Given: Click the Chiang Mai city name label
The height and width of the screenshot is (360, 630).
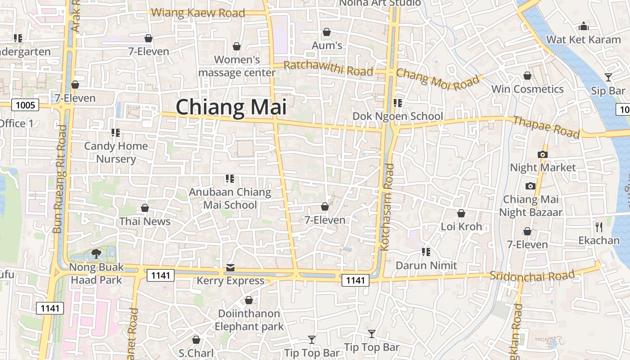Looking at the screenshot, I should click(x=231, y=108).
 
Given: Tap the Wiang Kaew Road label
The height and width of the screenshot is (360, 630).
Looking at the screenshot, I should click(x=198, y=13).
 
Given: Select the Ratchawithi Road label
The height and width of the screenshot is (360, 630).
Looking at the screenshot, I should click(x=328, y=68).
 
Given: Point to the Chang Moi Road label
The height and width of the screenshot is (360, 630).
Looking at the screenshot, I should click(x=438, y=79).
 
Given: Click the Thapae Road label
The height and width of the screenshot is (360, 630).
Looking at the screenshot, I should click(x=546, y=126).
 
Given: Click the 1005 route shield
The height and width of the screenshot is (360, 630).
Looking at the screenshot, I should click(x=25, y=105).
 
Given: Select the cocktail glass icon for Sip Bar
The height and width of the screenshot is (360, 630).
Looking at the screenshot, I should click(x=608, y=77).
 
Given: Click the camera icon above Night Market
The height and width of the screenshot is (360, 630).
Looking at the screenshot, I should click(x=543, y=154).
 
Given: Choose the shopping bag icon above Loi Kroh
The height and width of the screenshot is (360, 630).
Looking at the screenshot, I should click(x=461, y=213).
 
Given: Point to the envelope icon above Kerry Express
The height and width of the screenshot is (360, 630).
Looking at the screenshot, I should click(x=230, y=268).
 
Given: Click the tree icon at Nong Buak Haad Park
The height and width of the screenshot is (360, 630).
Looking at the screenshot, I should click(x=96, y=254).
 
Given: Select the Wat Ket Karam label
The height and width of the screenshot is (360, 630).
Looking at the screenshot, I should click(x=583, y=40).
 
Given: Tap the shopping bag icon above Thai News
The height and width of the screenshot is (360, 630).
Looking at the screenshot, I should click(x=145, y=208).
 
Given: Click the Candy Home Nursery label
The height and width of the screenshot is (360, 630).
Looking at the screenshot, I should click(x=116, y=152).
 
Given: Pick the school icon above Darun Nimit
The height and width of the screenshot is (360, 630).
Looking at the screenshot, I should click(x=426, y=252).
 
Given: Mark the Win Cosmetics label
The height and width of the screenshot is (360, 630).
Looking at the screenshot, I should click(x=527, y=89).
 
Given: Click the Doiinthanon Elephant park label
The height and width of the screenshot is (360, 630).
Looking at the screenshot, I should click(x=249, y=320).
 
